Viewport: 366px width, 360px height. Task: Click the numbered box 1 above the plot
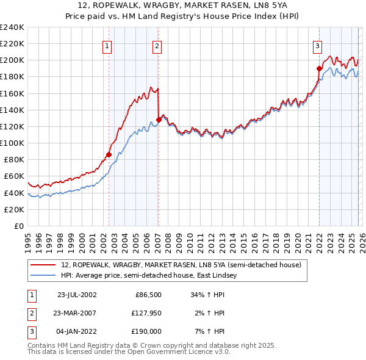pyautogui.click(x=107, y=45)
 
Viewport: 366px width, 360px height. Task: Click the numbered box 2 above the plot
pyautogui.click(x=157, y=45)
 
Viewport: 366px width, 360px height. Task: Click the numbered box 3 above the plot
pyautogui.click(x=318, y=45)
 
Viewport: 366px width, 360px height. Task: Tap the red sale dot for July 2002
pyautogui.click(x=109, y=154)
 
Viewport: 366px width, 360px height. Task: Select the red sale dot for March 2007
pyautogui.click(x=159, y=120)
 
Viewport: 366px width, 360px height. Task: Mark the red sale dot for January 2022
pyautogui.click(x=319, y=68)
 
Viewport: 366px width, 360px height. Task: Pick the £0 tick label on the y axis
pyautogui.click(x=18, y=226)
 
